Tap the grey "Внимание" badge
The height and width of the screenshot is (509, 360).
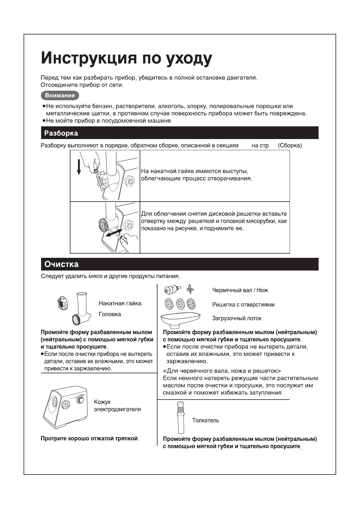pyautogui.click(x=60, y=96)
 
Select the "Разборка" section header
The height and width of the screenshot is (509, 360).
pyautogui.click(x=61, y=133)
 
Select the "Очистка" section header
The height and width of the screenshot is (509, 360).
pyautogui.click(x=61, y=264)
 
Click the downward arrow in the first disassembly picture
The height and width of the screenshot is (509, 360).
pyautogui.click(x=79, y=167)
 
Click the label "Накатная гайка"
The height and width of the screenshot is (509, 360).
pyautogui.click(x=120, y=303)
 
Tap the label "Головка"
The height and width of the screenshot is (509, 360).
pyautogui.click(x=110, y=314)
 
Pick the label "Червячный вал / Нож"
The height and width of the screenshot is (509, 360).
pyautogui.click(x=240, y=290)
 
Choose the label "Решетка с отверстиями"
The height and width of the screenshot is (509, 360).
pyautogui.click(x=243, y=305)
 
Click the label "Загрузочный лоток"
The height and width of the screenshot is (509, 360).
pyautogui.click(x=237, y=318)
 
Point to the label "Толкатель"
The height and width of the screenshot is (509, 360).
pyautogui.click(x=206, y=420)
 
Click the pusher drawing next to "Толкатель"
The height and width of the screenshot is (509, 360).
pyautogui.click(x=180, y=417)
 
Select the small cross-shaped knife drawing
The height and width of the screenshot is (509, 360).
pyautogui.click(x=190, y=289)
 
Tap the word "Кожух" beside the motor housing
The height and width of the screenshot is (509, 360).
pyautogui.click(x=102, y=402)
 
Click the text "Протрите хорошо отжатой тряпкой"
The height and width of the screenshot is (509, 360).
pyautogui.click(x=89, y=439)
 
